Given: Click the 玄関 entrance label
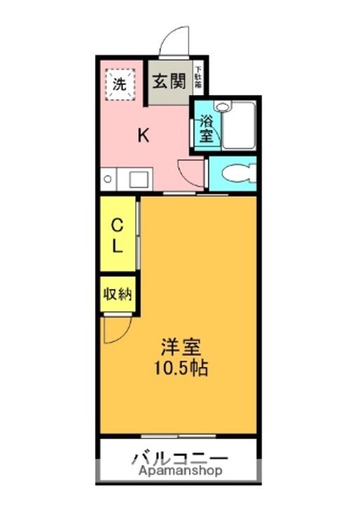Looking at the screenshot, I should (x=169, y=82).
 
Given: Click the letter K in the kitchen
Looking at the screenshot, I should (x=143, y=136).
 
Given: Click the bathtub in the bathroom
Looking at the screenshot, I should (x=239, y=126).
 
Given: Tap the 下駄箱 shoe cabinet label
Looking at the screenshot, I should (x=198, y=76).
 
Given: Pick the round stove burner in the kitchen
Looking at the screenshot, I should (x=107, y=179).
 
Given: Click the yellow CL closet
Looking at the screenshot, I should (x=117, y=236).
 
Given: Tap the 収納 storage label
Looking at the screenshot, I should (x=117, y=294).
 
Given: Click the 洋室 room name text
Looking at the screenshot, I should (x=181, y=346).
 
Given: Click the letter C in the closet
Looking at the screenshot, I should (x=117, y=226).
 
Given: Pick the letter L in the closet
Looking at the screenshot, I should (x=117, y=246).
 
